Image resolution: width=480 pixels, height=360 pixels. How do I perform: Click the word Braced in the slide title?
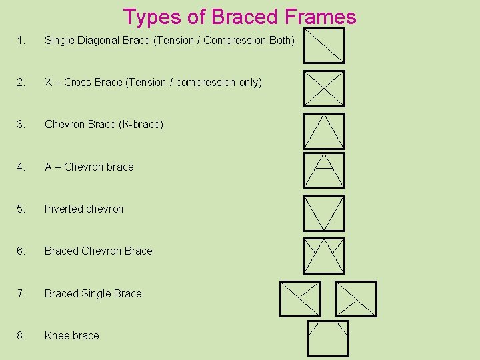[x=243, y=17]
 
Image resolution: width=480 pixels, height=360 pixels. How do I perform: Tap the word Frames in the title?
[x=319, y=17]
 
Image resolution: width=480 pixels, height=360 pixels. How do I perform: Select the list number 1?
[x=21, y=41]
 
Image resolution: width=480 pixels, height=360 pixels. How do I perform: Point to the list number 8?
[x=21, y=336]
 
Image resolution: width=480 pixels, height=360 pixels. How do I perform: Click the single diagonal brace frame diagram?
[x=325, y=45]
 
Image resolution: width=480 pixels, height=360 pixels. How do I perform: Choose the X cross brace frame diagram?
[x=325, y=89]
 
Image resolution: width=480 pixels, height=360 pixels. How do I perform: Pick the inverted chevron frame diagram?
[x=325, y=213]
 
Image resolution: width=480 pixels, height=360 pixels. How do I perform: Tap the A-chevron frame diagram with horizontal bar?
[x=325, y=170]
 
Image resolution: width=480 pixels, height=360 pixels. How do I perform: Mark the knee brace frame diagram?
[x=328, y=339]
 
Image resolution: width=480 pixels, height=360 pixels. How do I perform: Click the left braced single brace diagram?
[x=300, y=299]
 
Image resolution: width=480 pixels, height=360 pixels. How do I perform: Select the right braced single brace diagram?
[x=356, y=299]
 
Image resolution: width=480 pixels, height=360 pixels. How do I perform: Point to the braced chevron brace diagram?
[x=325, y=256]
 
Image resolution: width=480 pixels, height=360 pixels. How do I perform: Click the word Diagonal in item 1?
[x=99, y=41]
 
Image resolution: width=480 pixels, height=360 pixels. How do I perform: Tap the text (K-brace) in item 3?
[x=141, y=125]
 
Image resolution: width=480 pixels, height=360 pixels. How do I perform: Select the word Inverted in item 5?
[x=63, y=209]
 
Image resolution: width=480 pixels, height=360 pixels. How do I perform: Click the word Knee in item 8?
[x=56, y=336]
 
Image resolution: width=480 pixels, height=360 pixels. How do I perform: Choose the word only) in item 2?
[x=248, y=83]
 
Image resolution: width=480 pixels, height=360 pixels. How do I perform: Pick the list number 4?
[x=21, y=167]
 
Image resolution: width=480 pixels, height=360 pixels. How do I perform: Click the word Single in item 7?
[x=96, y=294]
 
